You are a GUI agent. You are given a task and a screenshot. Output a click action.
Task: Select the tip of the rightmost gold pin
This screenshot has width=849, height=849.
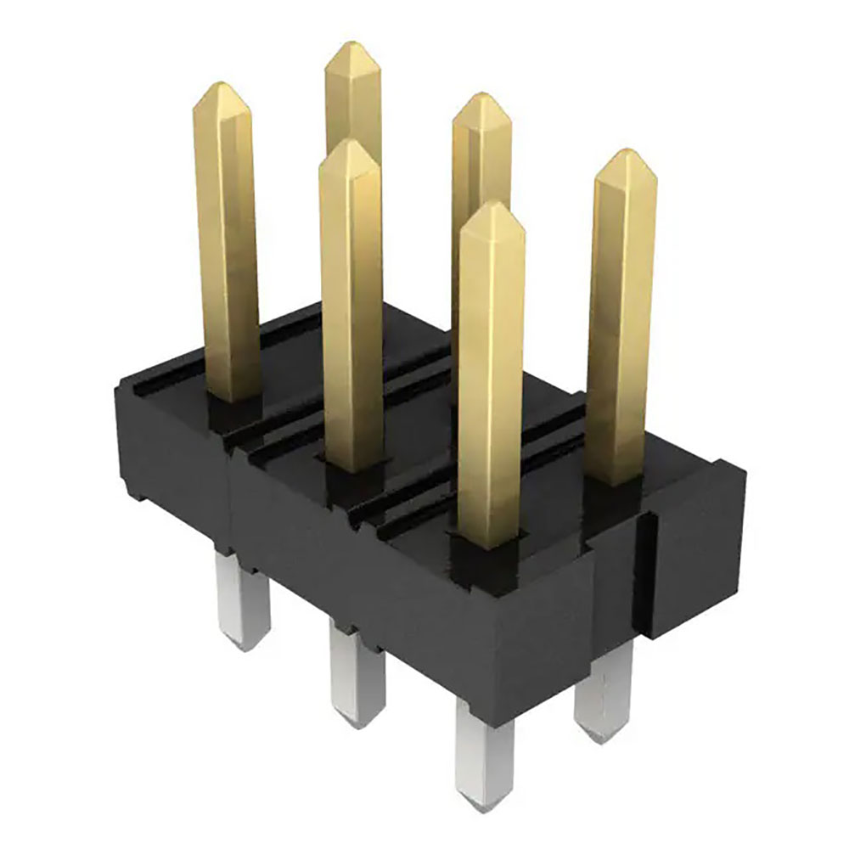pyautogui.click(x=627, y=153)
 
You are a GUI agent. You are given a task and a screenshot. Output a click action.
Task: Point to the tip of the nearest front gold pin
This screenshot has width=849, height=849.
pyautogui.click(x=492, y=204)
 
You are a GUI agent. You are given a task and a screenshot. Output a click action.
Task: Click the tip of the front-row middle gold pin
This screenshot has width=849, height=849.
pyautogui.click(x=348, y=143)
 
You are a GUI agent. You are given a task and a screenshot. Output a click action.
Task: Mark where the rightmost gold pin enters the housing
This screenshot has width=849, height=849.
pyautogui.click(x=617, y=480)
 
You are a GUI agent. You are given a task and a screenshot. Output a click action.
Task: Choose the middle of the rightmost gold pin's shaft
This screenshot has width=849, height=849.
pyautogui.click(x=622, y=323)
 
